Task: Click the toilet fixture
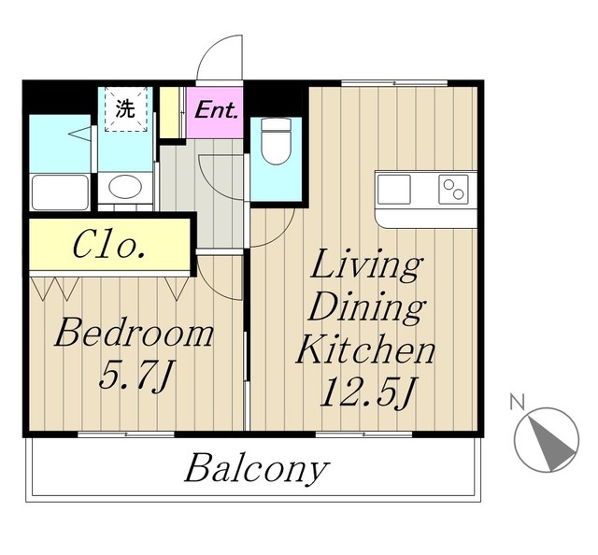pos(277,141)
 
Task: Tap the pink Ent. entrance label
pos(216,111)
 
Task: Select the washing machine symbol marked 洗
pos(126,109)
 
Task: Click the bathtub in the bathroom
pos(60,192)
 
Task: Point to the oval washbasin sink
pos(125,187)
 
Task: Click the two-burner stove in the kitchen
pos(453,190)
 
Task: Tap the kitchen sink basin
pos(393,190)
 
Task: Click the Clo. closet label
pos(109,245)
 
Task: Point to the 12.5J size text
pos(366,391)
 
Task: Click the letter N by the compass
pos(517,402)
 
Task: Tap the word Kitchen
pos(366,349)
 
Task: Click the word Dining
pos(367,309)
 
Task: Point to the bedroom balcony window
pos(126,434)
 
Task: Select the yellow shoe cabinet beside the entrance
pos(169,112)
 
